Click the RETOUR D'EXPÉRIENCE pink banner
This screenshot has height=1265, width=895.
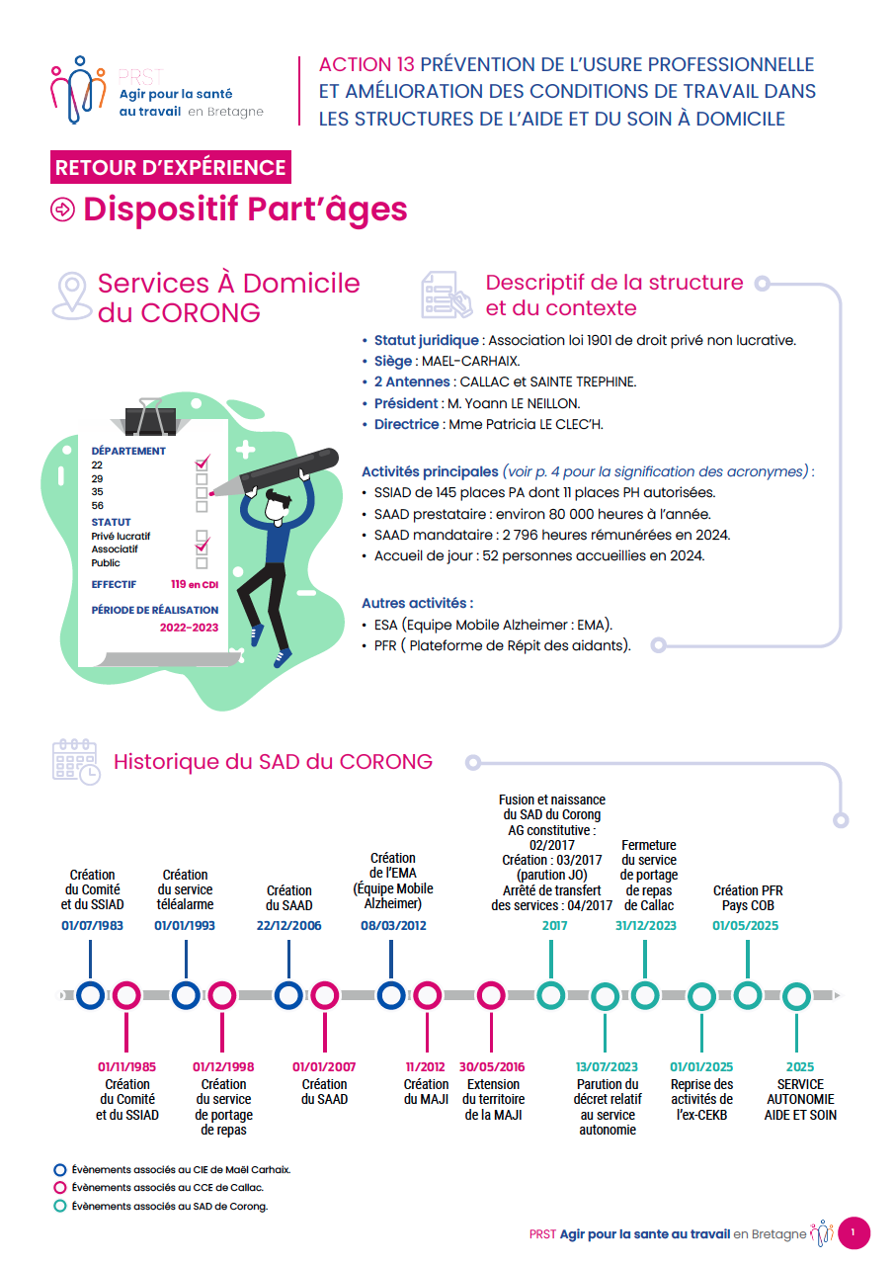(170, 168)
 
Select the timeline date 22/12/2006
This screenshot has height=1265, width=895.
(288, 926)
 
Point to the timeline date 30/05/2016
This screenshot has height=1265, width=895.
(492, 1067)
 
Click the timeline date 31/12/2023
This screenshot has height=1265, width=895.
(646, 926)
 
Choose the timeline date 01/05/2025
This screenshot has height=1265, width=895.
(746, 926)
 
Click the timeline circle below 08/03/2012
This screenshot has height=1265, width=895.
(391, 996)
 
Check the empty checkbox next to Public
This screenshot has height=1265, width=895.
(202, 563)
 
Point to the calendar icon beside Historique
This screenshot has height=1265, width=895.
(75, 761)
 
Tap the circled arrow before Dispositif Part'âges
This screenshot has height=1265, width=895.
(63, 211)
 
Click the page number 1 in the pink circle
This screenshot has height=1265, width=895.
(854, 1232)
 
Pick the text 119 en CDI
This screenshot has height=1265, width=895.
(194, 584)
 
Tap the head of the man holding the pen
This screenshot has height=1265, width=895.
(281, 504)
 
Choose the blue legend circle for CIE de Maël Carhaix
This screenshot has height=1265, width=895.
(60, 1169)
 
